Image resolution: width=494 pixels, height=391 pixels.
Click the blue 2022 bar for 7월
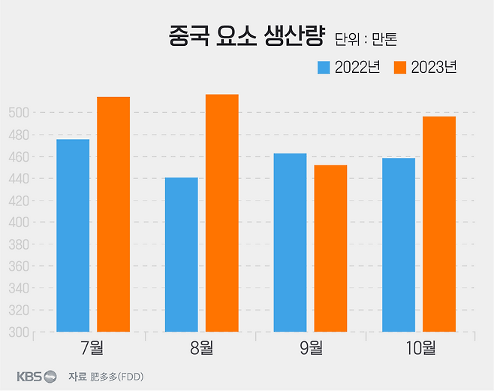tap(73, 235)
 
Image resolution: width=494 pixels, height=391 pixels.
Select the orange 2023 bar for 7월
tap(113, 214)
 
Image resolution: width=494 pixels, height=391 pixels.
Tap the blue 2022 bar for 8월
tap(182, 254)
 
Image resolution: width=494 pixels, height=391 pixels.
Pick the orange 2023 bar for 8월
tap(222, 213)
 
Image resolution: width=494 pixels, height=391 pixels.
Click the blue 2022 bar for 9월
tap(290, 242)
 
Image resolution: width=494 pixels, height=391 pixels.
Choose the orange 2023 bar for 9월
tap(330, 248)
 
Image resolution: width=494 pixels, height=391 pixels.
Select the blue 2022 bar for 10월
tap(399, 244)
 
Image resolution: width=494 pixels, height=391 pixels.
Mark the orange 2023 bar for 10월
tap(439, 224)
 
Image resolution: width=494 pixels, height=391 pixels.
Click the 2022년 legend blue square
tap(324, 67)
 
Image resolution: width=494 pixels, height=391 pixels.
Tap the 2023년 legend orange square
tap(399, 67)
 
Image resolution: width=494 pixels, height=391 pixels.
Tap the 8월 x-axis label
tap(201, 347)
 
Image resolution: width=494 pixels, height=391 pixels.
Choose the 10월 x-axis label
tap(418, 347)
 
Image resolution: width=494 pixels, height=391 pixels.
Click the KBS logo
tap(37, 376)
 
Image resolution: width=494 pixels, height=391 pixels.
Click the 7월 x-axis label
tap(92, 347)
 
